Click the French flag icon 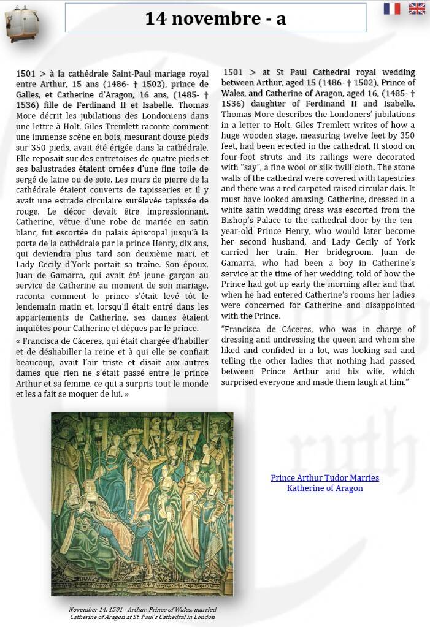(392, 9)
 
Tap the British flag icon (417, 9)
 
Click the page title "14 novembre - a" (215, 19)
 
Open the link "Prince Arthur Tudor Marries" (324, 477)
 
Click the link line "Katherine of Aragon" (324, 488)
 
